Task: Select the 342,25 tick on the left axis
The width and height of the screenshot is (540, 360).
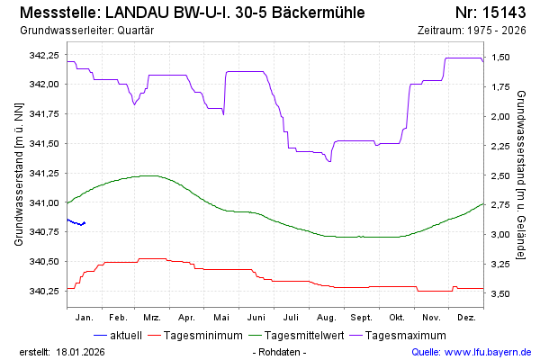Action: click(x=44, y=56)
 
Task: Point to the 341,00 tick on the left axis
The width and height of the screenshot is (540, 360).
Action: click(x=44, y=202)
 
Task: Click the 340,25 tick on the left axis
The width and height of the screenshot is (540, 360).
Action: click(x=44, y=291)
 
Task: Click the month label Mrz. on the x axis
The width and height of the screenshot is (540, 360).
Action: click(x=152, y=318)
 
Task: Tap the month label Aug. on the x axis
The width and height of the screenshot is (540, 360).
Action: click(x=326, y=318)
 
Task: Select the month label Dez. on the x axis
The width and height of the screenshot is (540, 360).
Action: click(x=465, y=318)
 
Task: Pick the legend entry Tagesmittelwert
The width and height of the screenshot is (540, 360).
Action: click(x=303, y=336)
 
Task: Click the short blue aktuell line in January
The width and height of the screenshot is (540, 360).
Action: click(x=76, y=222)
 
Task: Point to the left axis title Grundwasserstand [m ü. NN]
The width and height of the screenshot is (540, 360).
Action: click(x=19, y=175)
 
